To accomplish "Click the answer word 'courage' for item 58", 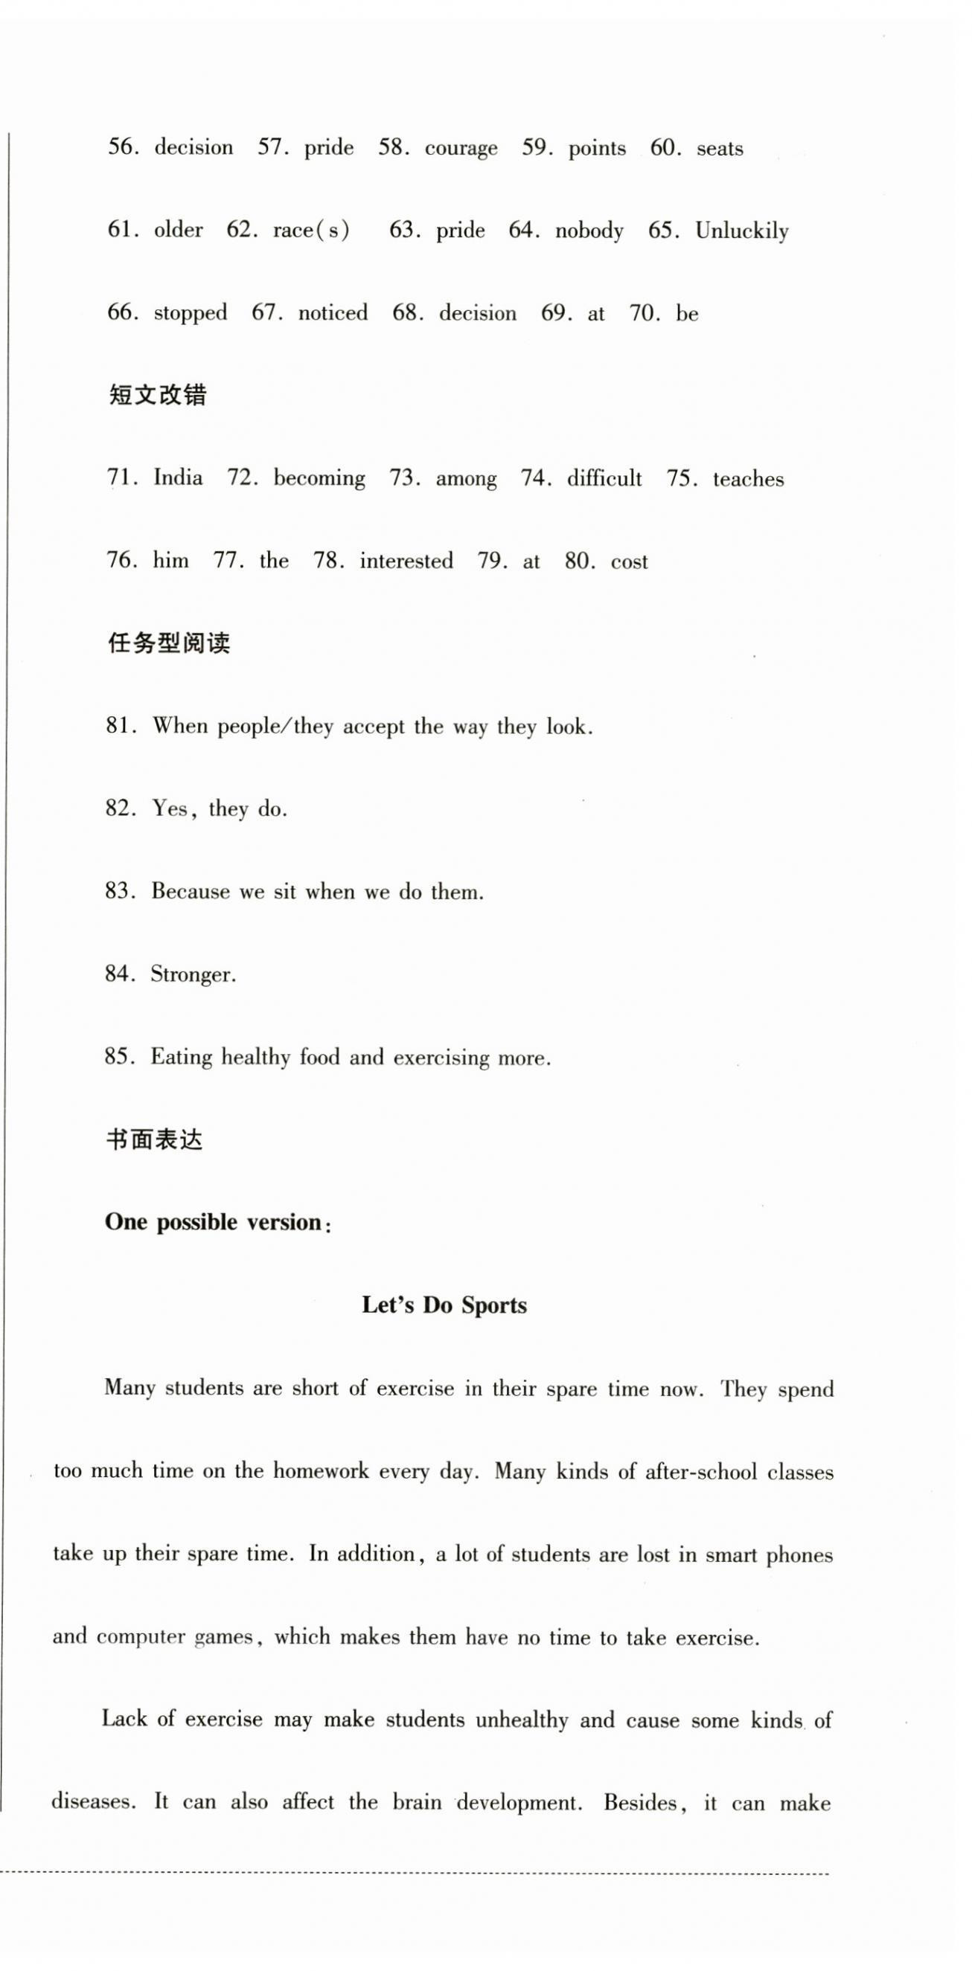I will [461, 149].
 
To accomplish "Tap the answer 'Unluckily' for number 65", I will [741, 231].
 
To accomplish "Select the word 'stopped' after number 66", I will [191, 313].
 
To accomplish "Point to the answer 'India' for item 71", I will [178, 478].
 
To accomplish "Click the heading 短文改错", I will [157, 396].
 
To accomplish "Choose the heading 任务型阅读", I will [168, 643].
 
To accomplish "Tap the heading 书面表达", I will [154, 1140].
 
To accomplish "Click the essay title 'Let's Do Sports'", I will [444, 1305].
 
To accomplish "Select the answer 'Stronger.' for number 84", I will [193, 975].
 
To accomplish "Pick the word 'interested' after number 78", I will [406, 562].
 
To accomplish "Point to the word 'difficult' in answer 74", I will [604, 479].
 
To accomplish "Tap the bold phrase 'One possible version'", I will [214, 1222].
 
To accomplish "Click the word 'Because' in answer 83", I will [190, 892].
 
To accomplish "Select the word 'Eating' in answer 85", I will [181, 1058].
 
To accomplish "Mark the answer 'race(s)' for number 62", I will [311, 231].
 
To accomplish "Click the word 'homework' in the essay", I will [321, 1471].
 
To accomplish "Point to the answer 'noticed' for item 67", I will [332, 313].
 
